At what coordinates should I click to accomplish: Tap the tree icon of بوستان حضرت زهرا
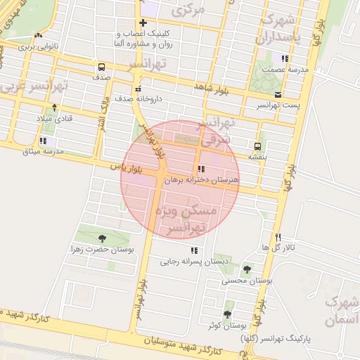(x=103, y=238)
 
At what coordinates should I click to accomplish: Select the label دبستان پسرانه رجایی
(x=186, y=262)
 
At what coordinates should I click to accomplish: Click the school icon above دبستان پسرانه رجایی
(x=193, y=250)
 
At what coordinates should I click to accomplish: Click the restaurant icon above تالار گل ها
(x=278, y=237)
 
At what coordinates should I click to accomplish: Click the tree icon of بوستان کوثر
(x=227, y=314)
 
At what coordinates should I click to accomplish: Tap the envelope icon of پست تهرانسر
(x=278, y=94)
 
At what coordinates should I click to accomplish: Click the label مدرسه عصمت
(x=283, y=70)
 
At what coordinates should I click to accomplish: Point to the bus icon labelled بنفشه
(x=258, y=146)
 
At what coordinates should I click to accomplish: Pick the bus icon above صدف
(x=102, y=68)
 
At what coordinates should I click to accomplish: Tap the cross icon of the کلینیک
(x=143, y=23)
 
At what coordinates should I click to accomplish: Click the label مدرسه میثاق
(x=43, y=151)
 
